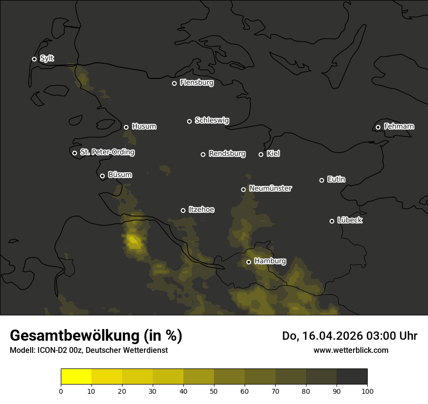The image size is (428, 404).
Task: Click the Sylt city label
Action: (47, 58)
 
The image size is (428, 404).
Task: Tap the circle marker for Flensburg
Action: (174, 83)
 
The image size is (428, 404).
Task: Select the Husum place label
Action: (144, 127)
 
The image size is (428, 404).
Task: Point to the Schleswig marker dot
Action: (189, 121)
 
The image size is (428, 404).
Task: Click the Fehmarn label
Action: (399, 127)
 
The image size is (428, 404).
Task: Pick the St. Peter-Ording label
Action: (107, 152)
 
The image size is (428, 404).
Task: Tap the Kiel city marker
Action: (261, 154)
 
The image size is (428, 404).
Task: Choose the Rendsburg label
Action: (227, 154)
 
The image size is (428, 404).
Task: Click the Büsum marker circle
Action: (102, 176)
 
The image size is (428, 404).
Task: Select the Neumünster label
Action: (270, 188)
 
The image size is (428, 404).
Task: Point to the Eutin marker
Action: (321, 180)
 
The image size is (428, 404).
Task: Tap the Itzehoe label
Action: (201, 210)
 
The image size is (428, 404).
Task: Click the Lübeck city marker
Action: (332, 221)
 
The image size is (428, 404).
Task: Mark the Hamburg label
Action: (270, 261)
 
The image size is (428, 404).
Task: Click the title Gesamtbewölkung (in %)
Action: (96, 335)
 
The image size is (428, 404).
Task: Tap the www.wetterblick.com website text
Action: (351, 350)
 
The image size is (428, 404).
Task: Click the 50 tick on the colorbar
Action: (214, 391)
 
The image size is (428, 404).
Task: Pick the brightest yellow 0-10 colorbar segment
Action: (76, 377)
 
